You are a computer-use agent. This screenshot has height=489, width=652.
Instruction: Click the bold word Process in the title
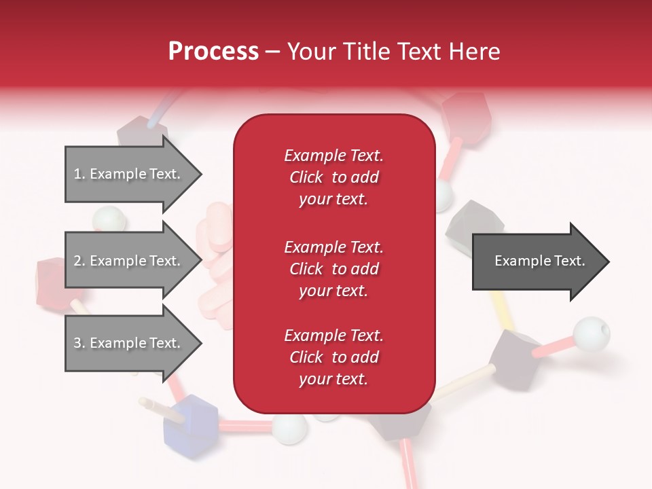click(x=213, y=52)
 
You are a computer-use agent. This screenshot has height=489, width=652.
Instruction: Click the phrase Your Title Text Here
click(x=393, y=52)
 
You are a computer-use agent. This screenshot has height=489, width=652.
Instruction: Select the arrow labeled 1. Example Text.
click(x=132, y=174)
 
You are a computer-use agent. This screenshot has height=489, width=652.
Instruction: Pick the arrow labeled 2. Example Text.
click(x=132, y=261)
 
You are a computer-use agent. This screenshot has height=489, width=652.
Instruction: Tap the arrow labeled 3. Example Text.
click(x=132, y=343)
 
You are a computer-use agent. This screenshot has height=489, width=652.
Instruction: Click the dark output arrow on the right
click(x=540, y=261)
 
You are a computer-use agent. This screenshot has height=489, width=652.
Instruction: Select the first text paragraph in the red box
click(x=333, y=177)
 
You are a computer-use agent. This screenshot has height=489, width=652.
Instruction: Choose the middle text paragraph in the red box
click(x=333, y=269)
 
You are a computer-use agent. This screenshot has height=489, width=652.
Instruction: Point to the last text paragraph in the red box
click(x=333, y=357)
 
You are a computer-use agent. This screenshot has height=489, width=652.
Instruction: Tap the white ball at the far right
click(x=591, y=333)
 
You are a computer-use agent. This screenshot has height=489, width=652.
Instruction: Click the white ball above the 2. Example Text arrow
click(x=109, y=219)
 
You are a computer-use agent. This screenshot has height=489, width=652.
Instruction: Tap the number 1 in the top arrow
click(x=77, y=174)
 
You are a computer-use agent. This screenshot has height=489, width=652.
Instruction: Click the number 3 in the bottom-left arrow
click(x=77, y=343)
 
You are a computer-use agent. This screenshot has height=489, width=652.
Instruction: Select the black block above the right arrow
click(x=474, y=221)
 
